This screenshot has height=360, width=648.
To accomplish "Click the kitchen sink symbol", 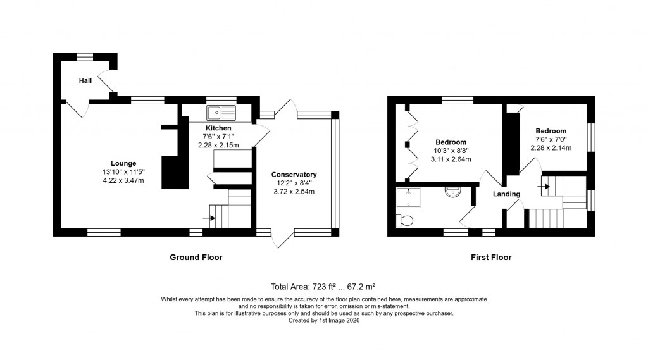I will click(221, 113).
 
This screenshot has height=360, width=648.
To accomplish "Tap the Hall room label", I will click(85, 80).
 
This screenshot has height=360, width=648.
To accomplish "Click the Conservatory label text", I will click(294, 175).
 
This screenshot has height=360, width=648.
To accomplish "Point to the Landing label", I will click(507, 194).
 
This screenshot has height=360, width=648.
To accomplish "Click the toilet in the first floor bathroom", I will click(404, 220).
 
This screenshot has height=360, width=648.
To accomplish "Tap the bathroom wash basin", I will click(453, 191).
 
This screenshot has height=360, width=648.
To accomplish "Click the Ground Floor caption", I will click(196, 257).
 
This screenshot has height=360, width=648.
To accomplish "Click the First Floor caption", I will click(491, 257).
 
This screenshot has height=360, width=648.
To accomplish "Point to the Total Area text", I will click(323, 287).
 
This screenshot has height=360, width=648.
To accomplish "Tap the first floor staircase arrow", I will click(543, 186).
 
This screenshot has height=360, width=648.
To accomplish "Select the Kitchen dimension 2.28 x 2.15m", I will click(218, 145).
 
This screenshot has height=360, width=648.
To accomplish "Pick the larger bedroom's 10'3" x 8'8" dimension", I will click(451, 151).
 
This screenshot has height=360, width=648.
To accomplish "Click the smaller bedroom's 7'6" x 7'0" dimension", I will click(551, 140).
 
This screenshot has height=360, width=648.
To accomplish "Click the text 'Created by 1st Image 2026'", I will click(323, 320).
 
